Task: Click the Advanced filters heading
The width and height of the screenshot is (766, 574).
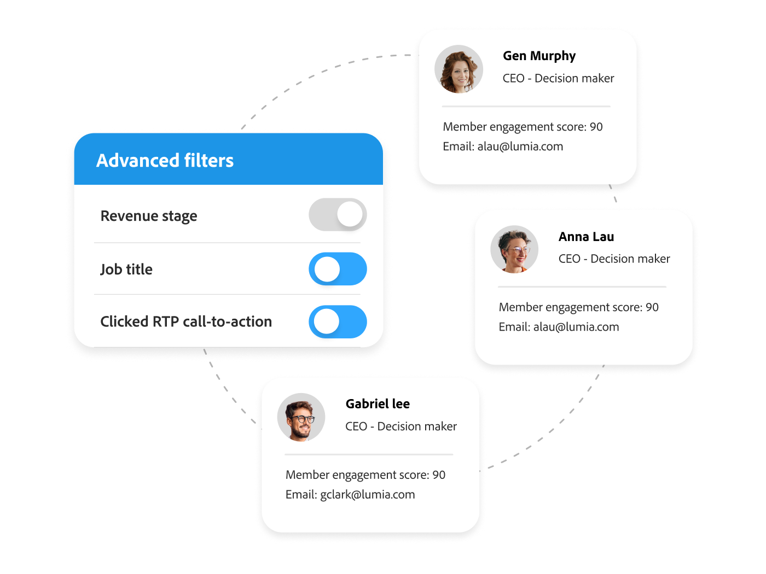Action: click(x=165, y=160)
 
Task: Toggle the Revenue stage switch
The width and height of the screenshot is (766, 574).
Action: click(x=337, y=214)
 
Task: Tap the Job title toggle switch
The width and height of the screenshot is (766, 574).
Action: click(x=337, y=269)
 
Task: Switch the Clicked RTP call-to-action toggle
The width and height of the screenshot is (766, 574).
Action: click(x=337, y=321)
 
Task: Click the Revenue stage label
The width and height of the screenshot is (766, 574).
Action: click(x=149, y=216)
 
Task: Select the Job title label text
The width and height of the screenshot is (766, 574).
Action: click(x=126, y=269)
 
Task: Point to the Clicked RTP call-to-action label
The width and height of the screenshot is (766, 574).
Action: click(x=186, y=321)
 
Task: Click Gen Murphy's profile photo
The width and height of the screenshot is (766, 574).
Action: click(x=458, y=69)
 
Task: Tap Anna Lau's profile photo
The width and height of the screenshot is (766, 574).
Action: click(x=514, y=249)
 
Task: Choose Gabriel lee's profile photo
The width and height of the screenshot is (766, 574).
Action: click(x=301, y=417)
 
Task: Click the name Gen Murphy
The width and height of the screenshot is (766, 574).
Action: click(x=539, y=56)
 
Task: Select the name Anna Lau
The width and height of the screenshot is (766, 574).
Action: click(x=586, y=237)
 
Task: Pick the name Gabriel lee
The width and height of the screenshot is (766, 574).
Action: click(x=378, y=403)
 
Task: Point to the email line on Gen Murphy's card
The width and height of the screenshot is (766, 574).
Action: click(x=502, y=147)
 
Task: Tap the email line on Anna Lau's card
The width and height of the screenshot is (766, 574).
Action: click(x=559, y=327)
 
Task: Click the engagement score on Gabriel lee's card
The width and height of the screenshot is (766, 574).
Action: click(x=365, y=475)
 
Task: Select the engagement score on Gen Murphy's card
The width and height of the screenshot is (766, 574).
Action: click(x=523, y=127)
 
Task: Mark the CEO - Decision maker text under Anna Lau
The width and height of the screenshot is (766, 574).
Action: click(x=614, y=259)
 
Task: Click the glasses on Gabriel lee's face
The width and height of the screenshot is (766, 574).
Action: click(x=302, y=419)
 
